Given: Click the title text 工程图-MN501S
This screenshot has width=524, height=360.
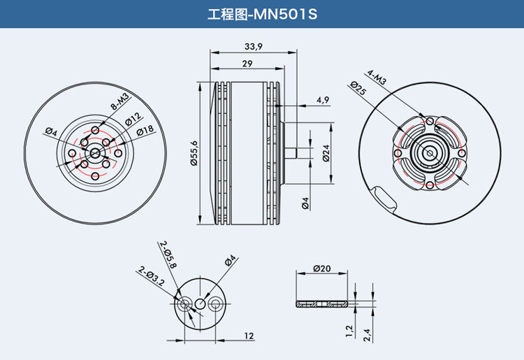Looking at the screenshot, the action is tap(262, 15).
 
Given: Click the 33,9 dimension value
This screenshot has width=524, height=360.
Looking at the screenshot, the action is tap(254, 46).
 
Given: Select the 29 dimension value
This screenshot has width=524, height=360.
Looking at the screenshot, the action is tap(247, 64).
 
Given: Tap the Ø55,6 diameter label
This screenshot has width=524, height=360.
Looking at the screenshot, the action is tap(194, 153).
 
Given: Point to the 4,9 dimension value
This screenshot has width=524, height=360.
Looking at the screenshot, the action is tap(323, 99).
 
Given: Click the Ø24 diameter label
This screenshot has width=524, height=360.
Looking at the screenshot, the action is tap(326, 153).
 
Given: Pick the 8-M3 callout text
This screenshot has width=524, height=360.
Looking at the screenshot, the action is tap(119, 101).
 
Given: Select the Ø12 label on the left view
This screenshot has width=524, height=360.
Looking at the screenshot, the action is tap(133, 120).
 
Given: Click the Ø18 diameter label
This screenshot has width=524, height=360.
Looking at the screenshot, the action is tap(145, 130).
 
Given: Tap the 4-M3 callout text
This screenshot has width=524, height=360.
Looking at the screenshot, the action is tap(377, 77).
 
